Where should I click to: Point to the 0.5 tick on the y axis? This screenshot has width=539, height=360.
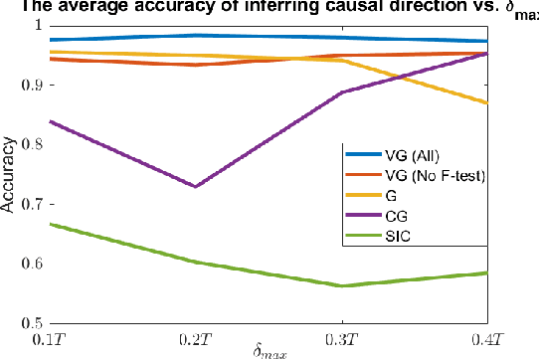pos(32,324)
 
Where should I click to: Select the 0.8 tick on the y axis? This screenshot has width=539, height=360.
pos(32,145)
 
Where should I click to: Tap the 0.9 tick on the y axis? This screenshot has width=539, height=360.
pos(32,86)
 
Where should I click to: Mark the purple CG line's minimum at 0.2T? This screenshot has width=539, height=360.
pos(195,186)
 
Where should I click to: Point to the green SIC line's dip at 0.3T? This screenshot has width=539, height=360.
pos(341,285)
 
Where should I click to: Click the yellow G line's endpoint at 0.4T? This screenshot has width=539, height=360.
pos(486,103)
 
